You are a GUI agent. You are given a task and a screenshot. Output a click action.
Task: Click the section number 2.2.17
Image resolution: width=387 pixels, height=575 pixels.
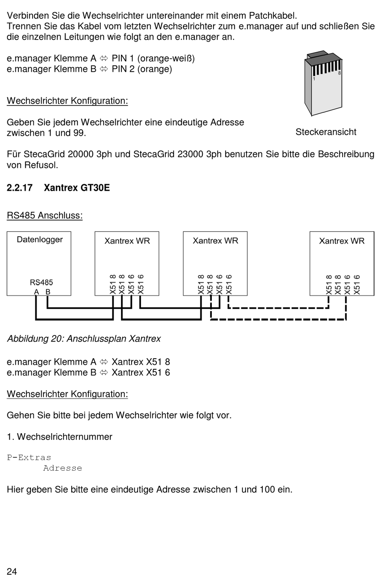[x=20, y=188]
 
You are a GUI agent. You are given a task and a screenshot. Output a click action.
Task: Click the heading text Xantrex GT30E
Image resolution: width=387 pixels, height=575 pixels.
[x=77, y=188]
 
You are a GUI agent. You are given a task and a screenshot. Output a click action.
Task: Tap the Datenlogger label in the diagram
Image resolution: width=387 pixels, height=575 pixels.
[x=40, y=240]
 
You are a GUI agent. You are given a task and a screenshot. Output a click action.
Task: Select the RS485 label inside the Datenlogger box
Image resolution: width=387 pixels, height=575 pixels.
[x=41, y=282]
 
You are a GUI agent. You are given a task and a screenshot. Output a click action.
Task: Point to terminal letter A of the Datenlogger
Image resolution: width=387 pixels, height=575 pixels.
[x=36, y=292]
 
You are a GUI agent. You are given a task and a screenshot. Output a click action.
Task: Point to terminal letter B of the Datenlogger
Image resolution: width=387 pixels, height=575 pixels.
[x=48, y=292]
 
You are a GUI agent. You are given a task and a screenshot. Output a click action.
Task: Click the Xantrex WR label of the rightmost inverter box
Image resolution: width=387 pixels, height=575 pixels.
[x=341, y=241]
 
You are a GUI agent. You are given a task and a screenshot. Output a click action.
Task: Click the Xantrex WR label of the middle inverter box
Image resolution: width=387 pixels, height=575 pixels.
[x=215, y=241]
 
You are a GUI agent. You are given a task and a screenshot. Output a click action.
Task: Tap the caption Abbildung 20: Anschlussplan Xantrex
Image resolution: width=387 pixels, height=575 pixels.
[x=84, y=339]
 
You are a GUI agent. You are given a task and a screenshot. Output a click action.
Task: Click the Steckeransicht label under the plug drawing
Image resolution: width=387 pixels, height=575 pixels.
[x=326, y=132]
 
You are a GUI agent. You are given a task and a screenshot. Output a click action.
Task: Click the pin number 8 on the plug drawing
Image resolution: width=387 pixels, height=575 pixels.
[x=339, y=73]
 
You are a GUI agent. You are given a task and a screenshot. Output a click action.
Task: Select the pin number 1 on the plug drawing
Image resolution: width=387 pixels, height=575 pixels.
[x=314, y=79]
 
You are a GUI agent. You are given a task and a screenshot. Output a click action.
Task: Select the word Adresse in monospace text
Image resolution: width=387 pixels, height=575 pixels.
[x=63, y=468]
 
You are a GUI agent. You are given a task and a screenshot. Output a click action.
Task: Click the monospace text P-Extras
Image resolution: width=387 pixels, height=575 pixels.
[x=29, y=458]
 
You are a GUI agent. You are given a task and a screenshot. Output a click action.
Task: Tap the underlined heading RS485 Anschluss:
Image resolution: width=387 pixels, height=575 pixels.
[x=45, y=215]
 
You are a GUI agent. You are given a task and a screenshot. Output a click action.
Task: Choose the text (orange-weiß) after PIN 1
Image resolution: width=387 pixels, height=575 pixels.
[x=166, y=59]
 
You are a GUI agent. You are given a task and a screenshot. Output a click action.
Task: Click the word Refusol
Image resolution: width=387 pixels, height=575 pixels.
[x=41, y=165]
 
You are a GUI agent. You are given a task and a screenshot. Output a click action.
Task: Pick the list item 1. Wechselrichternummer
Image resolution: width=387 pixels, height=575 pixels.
[x=59, y=436]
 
